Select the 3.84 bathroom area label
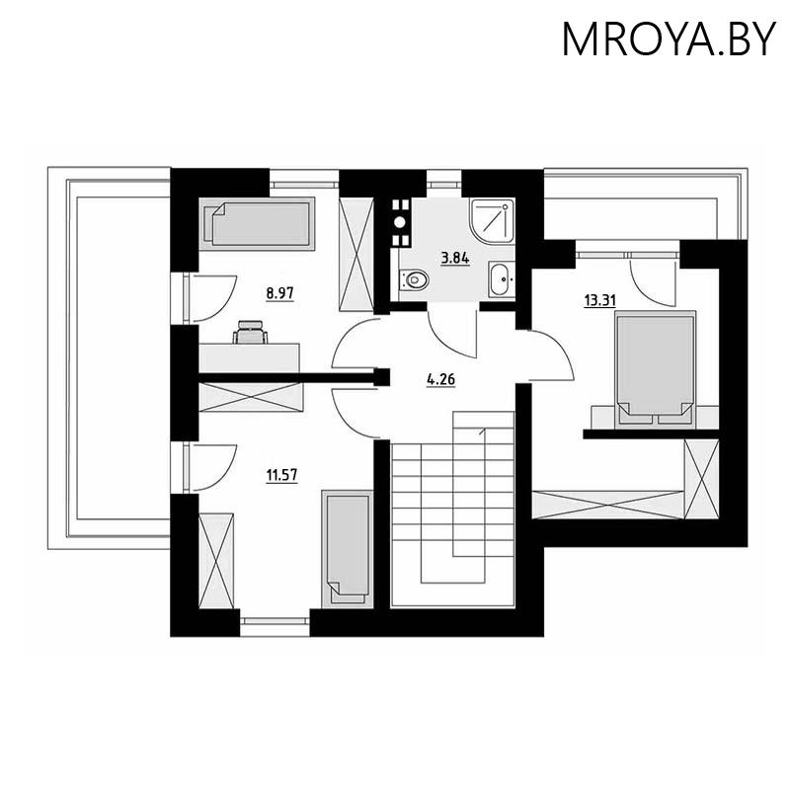[x=454, y=258]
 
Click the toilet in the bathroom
[x=414, y=280]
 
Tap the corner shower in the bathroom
[x=491, y=220]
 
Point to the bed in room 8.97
[x=259, y=223]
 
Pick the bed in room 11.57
[x=346, y=546]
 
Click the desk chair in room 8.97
[x=250, y=331]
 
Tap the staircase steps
[x=453, y=494]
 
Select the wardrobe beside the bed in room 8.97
[x=355, y=255]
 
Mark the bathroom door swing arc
[x=454, y=336]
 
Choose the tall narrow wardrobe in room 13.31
[x=701, y=479]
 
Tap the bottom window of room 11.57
[x=275, y=622]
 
